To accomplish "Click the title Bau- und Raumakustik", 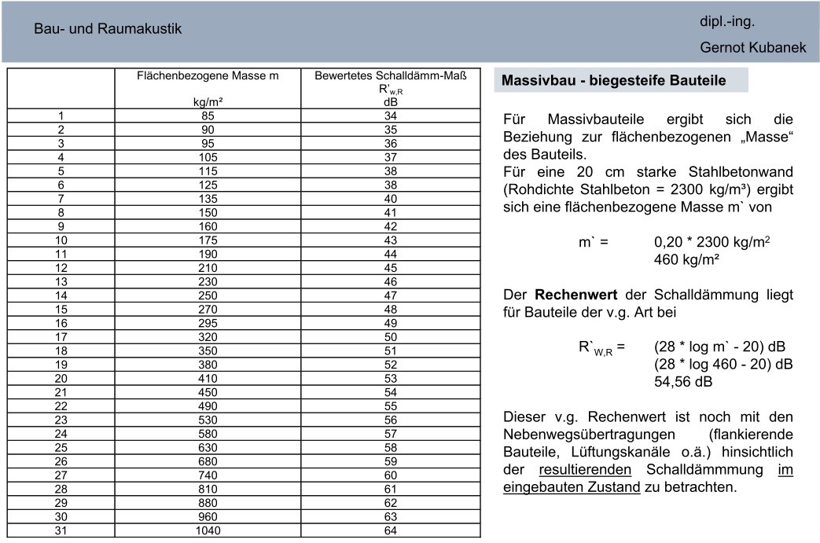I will click(108, 29).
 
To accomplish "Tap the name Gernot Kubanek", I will click(753, 48).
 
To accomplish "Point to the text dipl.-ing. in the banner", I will click(727, 22).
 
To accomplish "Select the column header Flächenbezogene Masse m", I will click(208, 76).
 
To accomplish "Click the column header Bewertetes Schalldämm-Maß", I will click(391, 76).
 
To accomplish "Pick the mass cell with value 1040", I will click(208, 530).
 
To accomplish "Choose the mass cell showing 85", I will click(208, 116).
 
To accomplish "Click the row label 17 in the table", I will click(61, 336).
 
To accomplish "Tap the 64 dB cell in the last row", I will click(391, 530).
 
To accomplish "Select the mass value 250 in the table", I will click(208, 295).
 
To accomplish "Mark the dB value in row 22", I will click(391, 405).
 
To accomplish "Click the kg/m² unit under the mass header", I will click(208, 102).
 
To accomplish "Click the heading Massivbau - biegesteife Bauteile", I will click(613, 81).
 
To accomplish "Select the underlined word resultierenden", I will click(585, 470).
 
